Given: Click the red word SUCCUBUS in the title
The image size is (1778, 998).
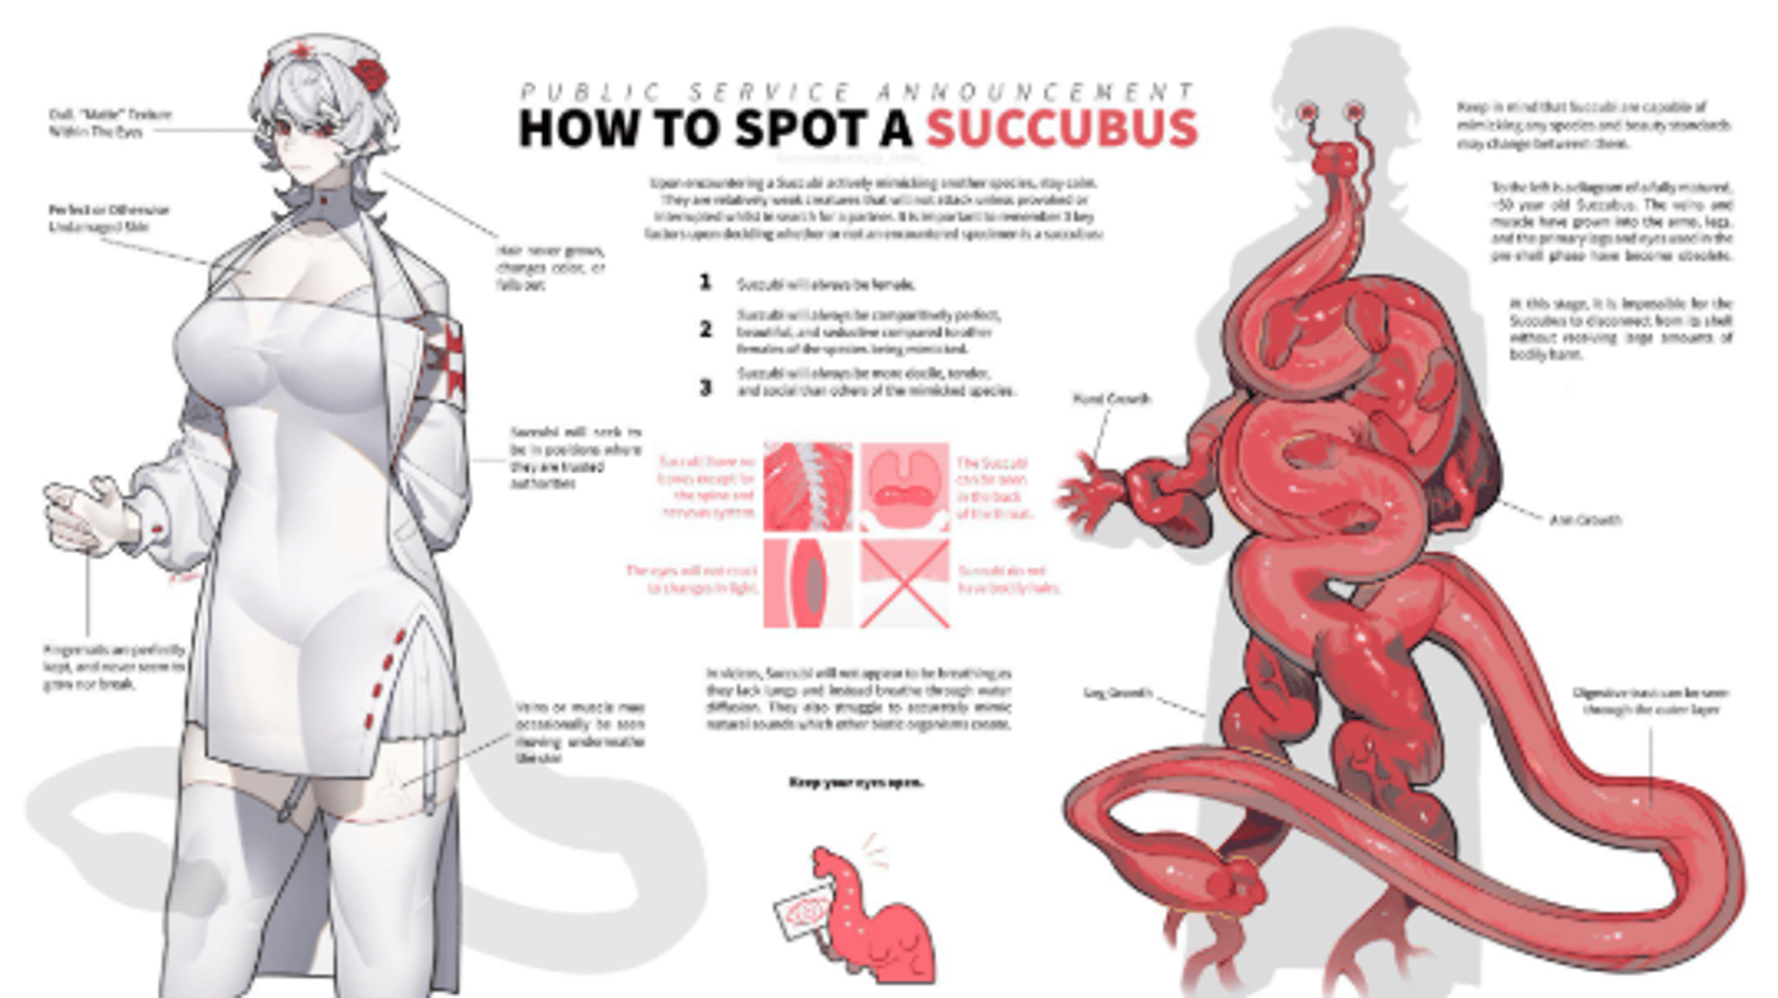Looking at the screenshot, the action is tap(1061, 129).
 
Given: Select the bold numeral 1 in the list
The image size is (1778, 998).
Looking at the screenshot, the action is tap(705, 283).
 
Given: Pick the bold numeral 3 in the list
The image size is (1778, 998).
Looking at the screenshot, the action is tap(705, 388).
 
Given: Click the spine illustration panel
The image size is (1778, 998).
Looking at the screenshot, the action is tap(807, 487).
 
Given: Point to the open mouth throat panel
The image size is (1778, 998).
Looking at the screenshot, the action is tap(904, 487).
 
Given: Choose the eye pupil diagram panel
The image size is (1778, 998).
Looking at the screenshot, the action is tap(807, 584).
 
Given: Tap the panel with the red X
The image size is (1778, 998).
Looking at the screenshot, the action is tap(904, 584).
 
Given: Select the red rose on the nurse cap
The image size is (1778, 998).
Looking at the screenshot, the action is tap(368, 75).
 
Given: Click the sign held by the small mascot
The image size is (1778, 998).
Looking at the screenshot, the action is tap(803, 913).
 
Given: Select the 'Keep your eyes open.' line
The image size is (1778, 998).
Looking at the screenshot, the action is tap(855, 783).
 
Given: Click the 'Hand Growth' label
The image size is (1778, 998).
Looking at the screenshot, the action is tap(1112, 399).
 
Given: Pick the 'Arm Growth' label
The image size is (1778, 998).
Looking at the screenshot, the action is tap(1584, 520).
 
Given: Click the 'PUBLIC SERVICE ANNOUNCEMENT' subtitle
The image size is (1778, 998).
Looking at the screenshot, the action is tap(857, 92).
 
